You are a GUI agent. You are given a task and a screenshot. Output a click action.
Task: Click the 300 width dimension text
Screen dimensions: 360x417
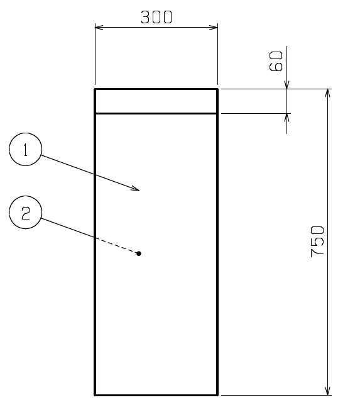(156, 17)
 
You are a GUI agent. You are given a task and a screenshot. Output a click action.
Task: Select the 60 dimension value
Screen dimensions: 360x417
(276, 62)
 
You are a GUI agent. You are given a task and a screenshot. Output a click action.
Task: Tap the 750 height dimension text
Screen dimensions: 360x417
(317, 242)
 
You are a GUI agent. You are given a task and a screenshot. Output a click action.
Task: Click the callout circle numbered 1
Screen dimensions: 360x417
(26, 149)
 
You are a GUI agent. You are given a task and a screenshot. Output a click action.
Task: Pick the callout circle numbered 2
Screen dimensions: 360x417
(26, 212)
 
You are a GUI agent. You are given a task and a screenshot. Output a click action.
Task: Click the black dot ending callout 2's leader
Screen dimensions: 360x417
(139, 253)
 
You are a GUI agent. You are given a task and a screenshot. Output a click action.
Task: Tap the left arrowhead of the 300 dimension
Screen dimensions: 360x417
(99, 27)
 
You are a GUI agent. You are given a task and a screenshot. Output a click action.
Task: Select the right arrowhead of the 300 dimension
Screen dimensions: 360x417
(214, 27)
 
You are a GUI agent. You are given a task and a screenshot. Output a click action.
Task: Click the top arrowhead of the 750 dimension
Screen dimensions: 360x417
(328, 93)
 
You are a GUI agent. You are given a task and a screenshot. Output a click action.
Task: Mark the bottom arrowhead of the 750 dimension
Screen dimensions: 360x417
(328, 391)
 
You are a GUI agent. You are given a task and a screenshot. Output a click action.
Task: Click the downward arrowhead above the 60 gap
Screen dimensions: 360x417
(286, 84)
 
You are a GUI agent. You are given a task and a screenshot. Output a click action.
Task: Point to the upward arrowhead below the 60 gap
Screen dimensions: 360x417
(286, 118)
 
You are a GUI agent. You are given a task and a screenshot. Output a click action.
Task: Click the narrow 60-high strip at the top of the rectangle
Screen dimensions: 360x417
(156, 101)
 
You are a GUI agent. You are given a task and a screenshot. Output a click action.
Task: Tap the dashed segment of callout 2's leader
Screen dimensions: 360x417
(117, 245)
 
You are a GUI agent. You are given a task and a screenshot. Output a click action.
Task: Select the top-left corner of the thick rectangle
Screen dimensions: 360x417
(95, 89)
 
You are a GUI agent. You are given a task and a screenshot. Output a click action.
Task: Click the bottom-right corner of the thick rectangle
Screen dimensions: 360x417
(217, 395)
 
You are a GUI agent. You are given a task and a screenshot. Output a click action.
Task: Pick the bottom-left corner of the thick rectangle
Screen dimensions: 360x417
(95, 395)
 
